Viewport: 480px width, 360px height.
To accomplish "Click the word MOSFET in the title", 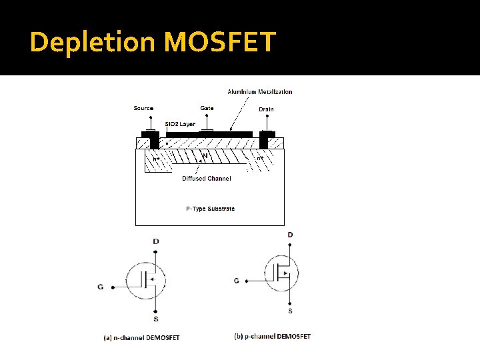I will tap(219, 42).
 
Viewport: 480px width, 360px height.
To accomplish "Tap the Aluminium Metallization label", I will tap(259, 92).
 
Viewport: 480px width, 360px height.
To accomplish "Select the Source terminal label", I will tap(143, 108).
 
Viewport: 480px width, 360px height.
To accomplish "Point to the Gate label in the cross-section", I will tap(207, 108).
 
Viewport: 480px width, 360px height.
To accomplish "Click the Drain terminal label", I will tap(266, 109).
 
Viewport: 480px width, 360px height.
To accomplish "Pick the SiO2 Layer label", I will tap(180, 124).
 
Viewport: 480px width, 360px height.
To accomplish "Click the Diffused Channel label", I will tap(207, 179).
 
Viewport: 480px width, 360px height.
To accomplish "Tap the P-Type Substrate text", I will tap(210, 209).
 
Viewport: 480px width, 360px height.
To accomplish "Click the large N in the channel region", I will tap(205, 156).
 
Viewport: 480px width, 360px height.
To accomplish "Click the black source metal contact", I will tap(155, 141).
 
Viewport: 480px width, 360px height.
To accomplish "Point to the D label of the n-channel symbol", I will tap(155, 241).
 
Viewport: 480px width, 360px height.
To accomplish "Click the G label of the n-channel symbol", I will tap(100, 287).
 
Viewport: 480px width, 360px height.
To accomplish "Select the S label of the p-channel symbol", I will tap(290, 311).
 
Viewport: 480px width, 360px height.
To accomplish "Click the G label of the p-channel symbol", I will tap(237, 281).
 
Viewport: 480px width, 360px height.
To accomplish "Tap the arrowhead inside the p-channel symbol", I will tap(285, 273).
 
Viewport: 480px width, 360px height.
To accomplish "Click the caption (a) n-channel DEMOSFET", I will tap(141, 337).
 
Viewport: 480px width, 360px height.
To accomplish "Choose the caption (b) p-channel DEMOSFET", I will tap(273, 336).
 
